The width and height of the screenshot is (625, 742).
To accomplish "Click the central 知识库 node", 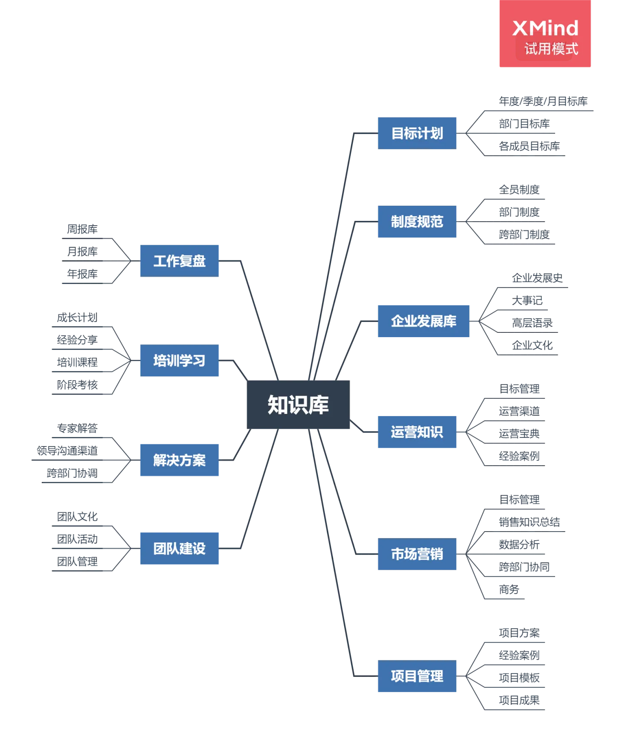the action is [x=298, y=404].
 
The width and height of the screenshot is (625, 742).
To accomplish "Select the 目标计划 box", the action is [x=417, y=133].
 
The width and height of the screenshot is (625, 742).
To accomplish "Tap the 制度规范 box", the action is [x=417, y=222].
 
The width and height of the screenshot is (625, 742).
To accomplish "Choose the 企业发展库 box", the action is [x=424, y=321].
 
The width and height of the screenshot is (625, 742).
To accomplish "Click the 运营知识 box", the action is [x=417, y=432].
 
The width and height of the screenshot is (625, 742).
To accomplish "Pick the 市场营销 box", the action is [x=417, y=554].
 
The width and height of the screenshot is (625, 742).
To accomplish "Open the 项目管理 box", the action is [x=417, y=676].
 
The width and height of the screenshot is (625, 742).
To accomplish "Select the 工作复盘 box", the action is [x=180, y=261].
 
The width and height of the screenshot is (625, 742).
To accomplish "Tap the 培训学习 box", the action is [x=180, y=361].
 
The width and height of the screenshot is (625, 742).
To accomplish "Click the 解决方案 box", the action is [x=180, y=460].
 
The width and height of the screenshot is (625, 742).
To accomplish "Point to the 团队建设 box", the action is [x=180, y=548].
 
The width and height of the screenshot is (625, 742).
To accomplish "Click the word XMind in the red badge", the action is [x=545, y=28].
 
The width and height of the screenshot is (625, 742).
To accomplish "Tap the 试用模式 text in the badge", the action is [x=551, y=49].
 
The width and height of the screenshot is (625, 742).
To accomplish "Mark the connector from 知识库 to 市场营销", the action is [x=341, y=499].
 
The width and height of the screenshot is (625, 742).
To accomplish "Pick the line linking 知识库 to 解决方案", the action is [x=241, y=447].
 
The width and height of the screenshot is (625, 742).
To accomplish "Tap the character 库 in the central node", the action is [x=319, y=404].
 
